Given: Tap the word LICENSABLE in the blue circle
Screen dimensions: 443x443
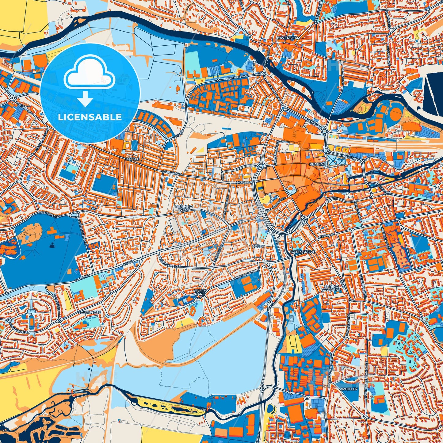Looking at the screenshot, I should [x=90, y=117].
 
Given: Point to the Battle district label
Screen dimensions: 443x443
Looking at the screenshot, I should [x=132, y=159].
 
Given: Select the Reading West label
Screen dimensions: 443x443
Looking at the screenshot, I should [x=184, y=208].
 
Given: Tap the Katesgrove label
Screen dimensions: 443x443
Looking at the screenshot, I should [x=298, y=252].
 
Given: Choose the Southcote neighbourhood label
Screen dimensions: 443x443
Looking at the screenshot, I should [x=89, y=312].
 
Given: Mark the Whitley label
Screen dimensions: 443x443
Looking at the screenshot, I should [x=349, y=389].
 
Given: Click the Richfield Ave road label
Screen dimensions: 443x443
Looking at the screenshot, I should [x=236, y=79].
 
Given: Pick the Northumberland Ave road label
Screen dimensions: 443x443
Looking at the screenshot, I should [x=366, y=378].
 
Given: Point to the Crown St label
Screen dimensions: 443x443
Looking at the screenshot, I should [x=324, y=236].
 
